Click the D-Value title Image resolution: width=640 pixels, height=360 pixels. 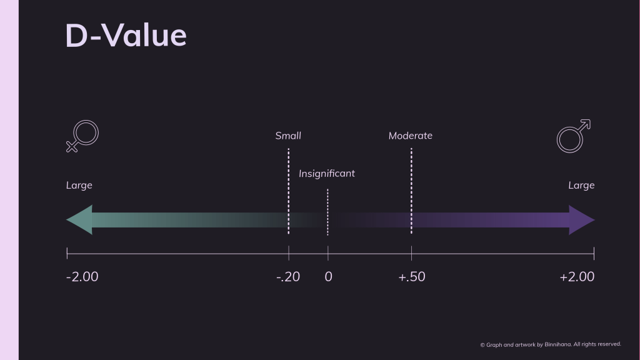pos(126,36)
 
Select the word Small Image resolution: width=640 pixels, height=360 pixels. pos(288,136)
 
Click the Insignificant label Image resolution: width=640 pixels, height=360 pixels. pos(327,174)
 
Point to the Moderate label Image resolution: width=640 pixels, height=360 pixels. pos(411,136)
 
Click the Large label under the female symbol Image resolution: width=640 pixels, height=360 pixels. pos(79,186)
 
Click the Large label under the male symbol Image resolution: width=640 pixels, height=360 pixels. pos(581,186)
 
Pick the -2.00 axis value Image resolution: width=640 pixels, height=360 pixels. pos(82,277)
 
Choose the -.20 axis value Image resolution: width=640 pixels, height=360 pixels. pos(288,277)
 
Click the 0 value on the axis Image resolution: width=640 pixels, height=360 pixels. pos(329,277)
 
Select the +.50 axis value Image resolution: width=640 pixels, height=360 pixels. pos(412,277)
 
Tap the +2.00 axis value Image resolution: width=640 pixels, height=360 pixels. pos(577,277)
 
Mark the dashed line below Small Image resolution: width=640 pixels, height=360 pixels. pos(289,191)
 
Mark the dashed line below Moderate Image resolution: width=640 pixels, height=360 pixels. pos(411,191)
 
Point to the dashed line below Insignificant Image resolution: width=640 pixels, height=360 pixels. pos(327,212)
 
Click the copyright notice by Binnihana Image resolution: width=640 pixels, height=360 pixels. pos(551,344)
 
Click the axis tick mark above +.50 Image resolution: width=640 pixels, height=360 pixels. pos(411,253)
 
